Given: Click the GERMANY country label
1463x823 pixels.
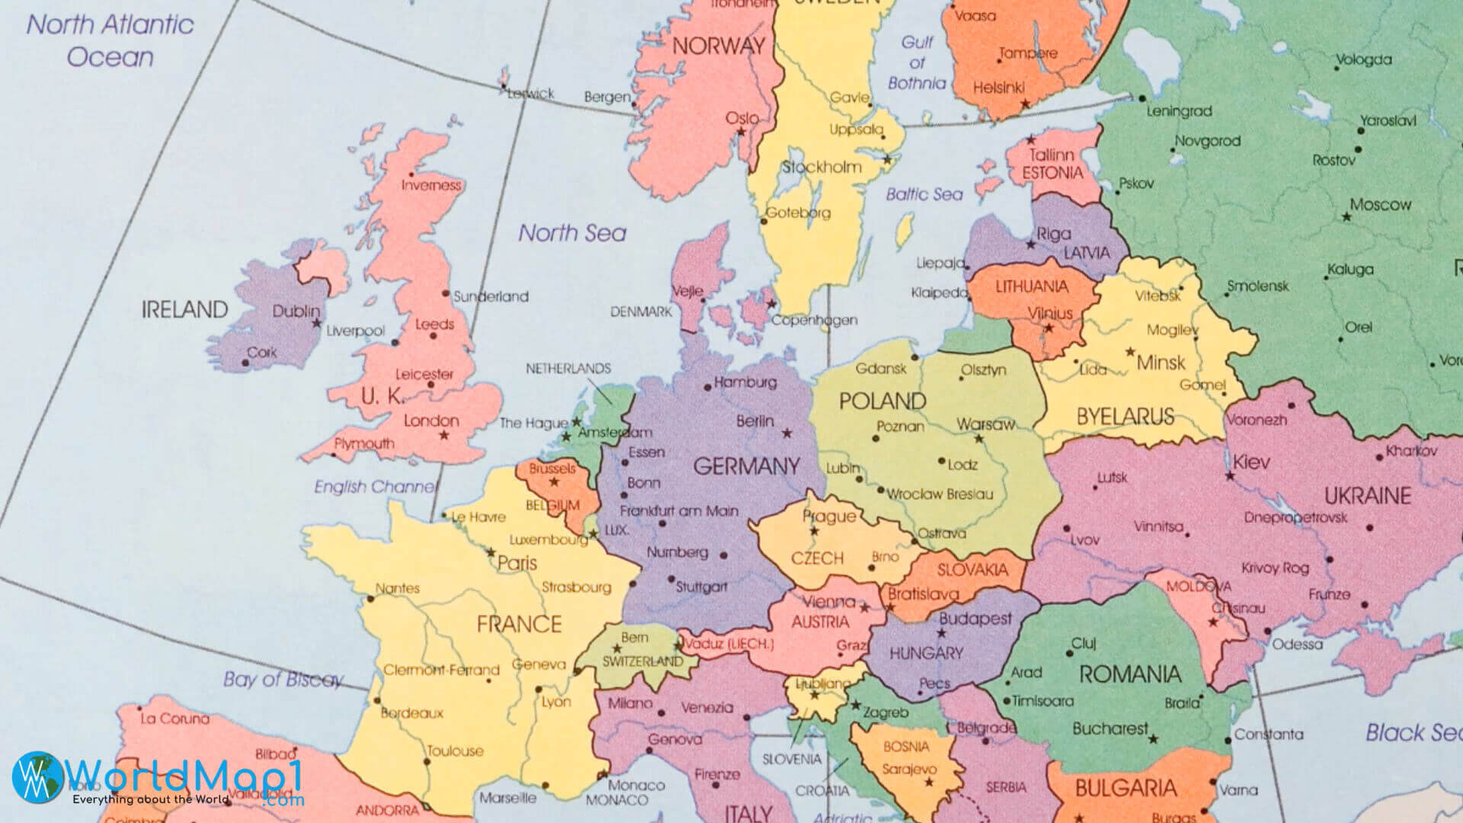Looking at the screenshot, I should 746,466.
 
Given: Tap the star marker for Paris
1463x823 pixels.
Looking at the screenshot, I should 491,552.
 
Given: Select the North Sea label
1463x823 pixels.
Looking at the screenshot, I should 572,233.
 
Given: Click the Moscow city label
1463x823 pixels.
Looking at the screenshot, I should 1380,204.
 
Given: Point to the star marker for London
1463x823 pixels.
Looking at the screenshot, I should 443,435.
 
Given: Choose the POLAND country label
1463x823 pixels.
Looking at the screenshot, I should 882,401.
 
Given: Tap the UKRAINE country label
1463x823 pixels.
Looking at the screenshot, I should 1367,496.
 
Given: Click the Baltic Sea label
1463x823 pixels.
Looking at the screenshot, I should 924,194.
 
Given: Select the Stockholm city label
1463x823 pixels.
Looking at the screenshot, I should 821,167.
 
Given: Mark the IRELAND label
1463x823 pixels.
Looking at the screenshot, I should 184,309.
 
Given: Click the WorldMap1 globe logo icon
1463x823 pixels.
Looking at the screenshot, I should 38,777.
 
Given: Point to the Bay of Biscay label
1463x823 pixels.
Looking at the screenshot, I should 283,679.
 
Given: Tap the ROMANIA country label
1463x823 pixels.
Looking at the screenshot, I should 1129,674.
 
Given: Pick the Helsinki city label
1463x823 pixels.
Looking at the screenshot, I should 998,88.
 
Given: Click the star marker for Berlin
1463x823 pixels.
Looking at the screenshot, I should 787,434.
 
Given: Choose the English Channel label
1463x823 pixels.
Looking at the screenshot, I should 375,486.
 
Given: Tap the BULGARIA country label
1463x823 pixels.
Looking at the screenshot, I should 1125,788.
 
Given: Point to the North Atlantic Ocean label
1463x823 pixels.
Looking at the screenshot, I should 110,40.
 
